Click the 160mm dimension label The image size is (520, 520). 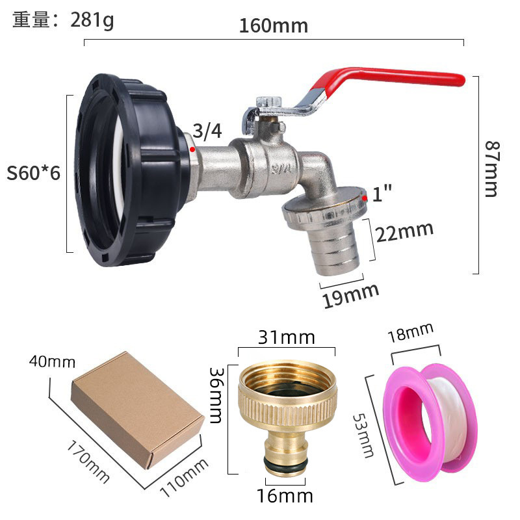click(x=273, y=27)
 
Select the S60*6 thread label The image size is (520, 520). click(x=33, y=174)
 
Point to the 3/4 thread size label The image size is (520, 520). click(x=208, y=132)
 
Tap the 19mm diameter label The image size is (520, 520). click(x=351, y=293)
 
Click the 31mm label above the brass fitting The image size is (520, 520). click(x=286, y=338)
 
